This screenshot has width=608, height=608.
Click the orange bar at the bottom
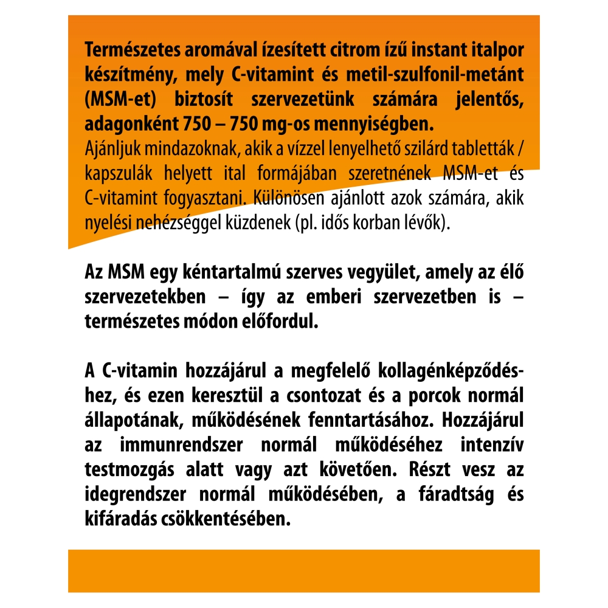304,570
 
